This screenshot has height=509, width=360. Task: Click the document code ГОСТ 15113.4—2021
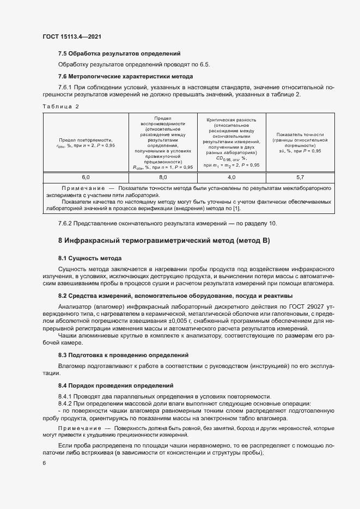[x=71, y=36]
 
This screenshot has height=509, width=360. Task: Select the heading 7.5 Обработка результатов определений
[x=119, y=53]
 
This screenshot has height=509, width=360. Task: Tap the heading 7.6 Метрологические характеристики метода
[x=126, y=76]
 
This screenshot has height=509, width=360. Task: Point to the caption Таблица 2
[x=60, y=107]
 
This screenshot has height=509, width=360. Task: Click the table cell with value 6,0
[x=86, y=177]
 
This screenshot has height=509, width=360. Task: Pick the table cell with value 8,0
[x=163, y=177]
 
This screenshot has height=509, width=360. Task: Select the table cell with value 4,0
[x=231, y=177]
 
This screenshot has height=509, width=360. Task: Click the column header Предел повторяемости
[x=86, y=139]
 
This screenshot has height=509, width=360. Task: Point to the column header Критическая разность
[x=231, y=120]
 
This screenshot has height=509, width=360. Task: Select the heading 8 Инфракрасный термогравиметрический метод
[x=164, y=241]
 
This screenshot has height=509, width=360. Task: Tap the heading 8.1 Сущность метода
[x=90, y=257]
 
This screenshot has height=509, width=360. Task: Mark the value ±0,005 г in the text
[x=160, y=321]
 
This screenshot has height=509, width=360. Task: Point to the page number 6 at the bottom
[x=45, y=463]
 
